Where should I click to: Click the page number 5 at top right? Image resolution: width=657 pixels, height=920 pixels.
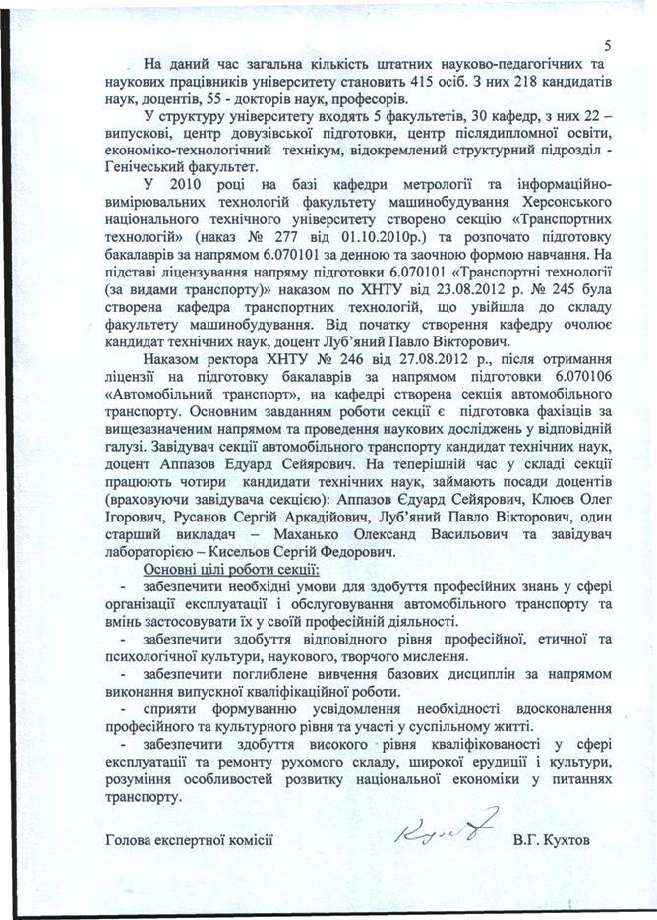(608, 45)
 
